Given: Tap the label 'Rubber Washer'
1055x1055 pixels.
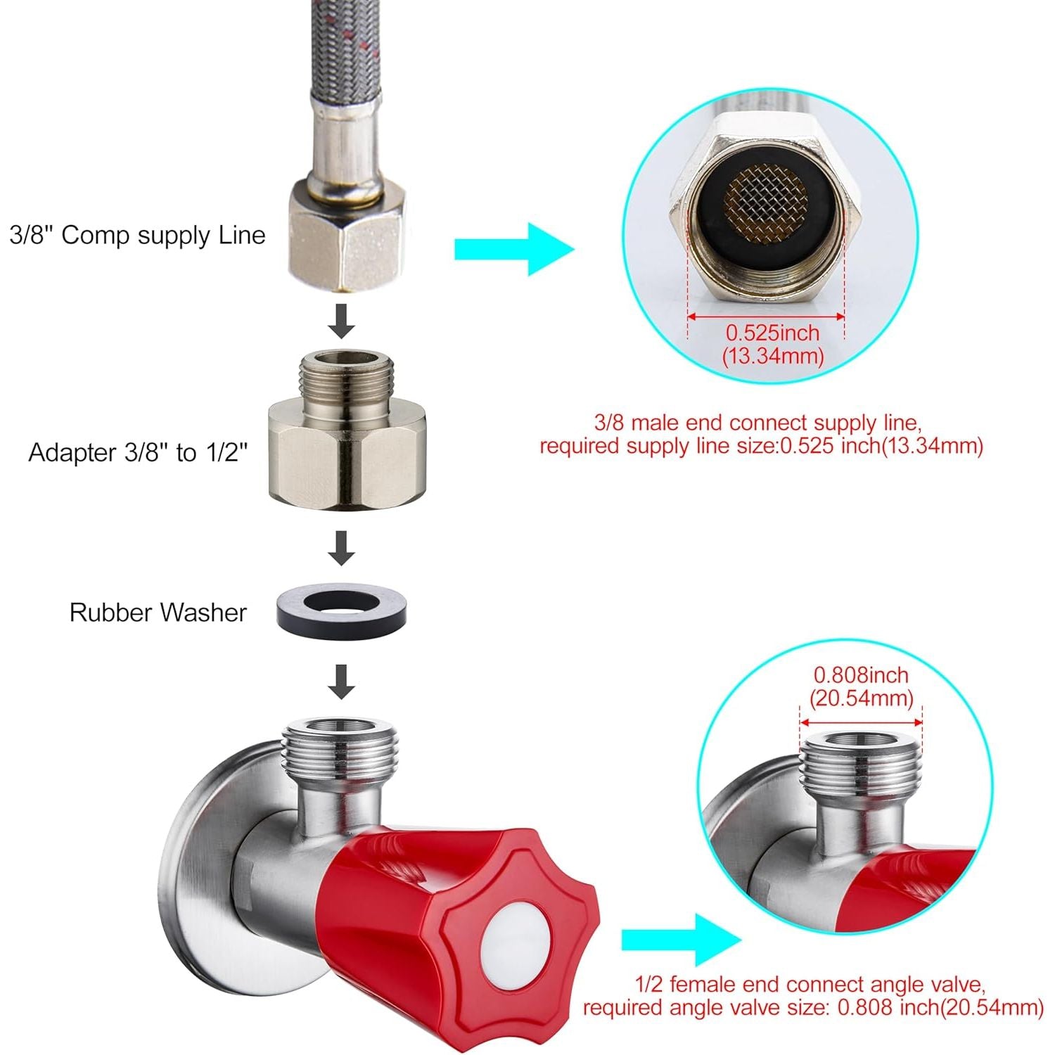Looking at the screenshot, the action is click(x=158, y=613).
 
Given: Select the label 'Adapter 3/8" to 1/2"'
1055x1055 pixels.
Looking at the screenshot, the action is click(x=139, y=452).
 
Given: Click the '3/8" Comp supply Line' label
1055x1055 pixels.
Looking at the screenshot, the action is click(x=138, y=235).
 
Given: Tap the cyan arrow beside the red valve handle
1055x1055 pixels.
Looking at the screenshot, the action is click(x=682, y=940).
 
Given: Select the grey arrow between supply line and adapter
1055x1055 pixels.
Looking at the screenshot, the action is click(x=342, y=321).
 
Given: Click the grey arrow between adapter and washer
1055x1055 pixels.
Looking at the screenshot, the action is click(x=342, y=548).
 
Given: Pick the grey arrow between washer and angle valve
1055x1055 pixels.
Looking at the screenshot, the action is click(x=342, y=681).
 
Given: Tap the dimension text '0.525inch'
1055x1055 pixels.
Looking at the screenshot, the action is click(x=772, y=333).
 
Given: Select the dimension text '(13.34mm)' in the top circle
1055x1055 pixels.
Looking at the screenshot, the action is click(x=772, y=356).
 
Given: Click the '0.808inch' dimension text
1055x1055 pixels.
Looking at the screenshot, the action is click(x=861, y=675).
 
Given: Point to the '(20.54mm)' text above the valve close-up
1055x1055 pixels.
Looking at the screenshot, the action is click(x=861, y=698).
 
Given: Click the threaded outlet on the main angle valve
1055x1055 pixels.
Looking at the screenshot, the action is click(x=339, y=750).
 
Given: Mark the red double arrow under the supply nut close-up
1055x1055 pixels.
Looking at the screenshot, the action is click(x=765, y=316).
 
